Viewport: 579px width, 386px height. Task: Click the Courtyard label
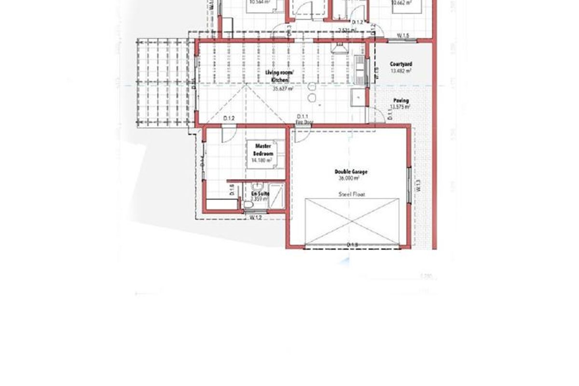[401, 64]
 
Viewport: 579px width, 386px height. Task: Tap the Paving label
[401, 100]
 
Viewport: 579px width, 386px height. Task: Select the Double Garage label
[348, 171]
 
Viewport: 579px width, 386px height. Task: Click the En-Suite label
[260, 193]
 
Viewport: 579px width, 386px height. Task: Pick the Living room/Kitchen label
[280, 76]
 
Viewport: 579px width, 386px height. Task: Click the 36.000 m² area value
[350, 178]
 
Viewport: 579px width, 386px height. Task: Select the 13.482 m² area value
[401, 70]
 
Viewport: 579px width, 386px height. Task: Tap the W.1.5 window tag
[403, 36]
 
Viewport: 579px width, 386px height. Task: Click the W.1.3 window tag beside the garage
[418, 186]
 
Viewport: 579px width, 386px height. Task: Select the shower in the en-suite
[276, 196]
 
